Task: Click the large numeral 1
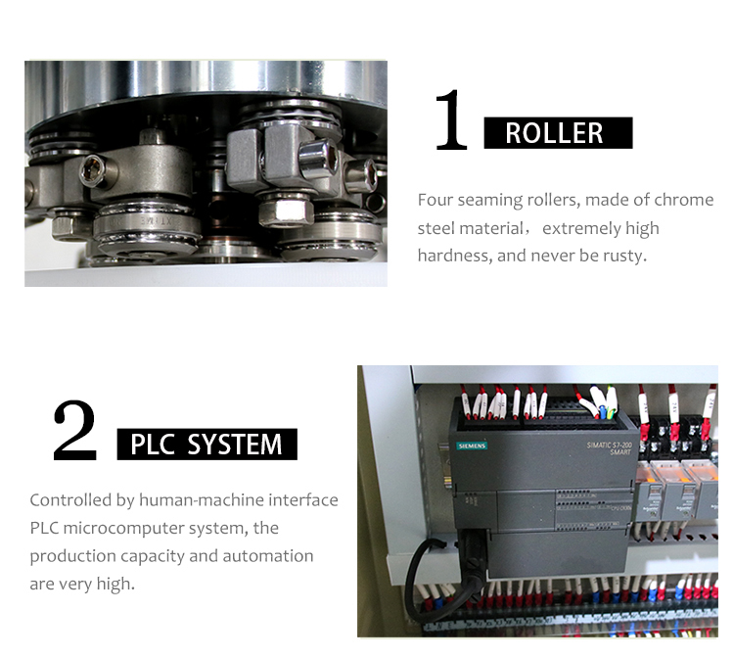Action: point(451,122)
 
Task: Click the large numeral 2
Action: point(75,432)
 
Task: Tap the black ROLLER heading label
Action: point(557,133)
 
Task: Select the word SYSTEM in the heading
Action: point(235,445)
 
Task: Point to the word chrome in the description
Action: point(684,200)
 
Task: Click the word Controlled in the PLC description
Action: point(70,500)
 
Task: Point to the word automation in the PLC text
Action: point(270,555)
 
